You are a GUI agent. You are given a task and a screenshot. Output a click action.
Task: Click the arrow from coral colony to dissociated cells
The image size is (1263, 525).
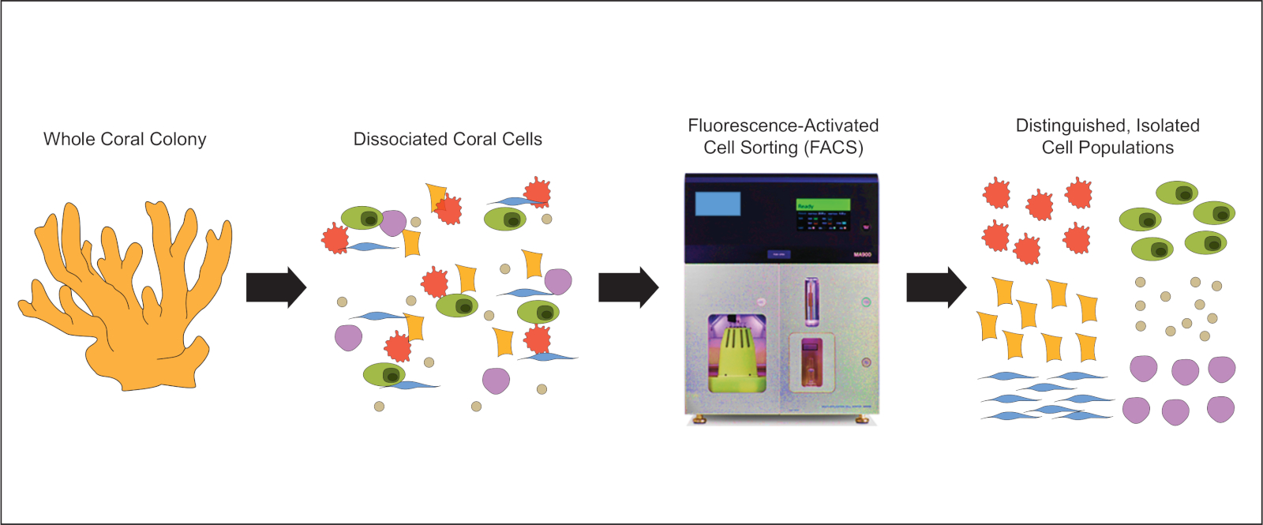click(275, 287)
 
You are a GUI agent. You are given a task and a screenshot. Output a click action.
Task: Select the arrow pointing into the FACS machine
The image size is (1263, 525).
click(628, 287)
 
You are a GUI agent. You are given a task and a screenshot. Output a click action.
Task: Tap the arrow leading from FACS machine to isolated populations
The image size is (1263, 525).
click(935, 287)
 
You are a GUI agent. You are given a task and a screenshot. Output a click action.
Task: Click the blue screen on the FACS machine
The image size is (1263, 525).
click(718, 204)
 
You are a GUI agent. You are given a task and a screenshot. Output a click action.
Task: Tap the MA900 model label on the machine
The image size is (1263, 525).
click(862, 255)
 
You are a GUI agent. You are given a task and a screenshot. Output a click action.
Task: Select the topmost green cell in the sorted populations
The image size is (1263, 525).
click(1177, 192)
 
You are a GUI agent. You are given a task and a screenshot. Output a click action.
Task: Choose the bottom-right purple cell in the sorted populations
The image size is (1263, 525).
click(1220, 409)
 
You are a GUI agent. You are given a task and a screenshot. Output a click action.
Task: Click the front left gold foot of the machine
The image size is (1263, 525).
click(698, 420)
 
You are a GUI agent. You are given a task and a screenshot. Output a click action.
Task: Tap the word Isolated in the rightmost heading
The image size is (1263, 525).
click(1167, 126)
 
